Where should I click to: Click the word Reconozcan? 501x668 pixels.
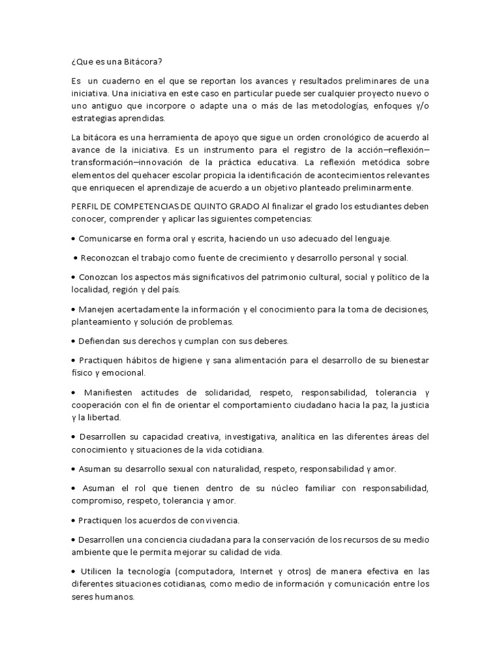(107, 258)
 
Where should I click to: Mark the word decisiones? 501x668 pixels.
(402, 309)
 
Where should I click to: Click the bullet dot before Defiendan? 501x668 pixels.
(73, 341)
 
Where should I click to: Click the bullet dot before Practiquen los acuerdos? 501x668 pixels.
(73, 521)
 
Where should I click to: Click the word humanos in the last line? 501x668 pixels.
(115, 597)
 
